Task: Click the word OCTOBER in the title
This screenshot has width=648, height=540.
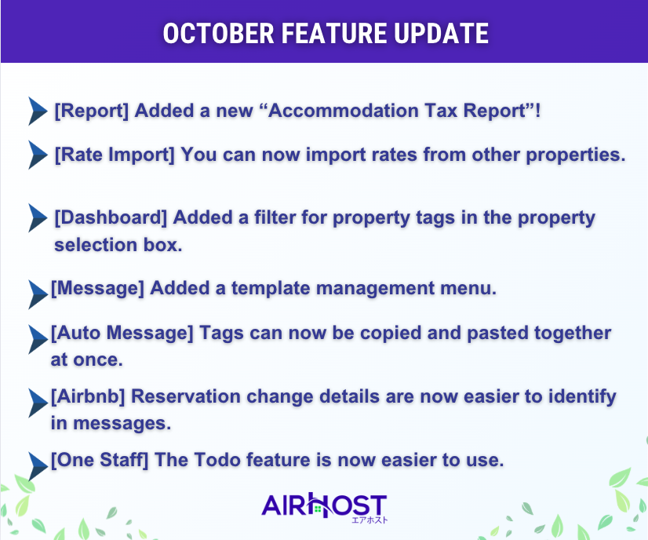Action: coord(219,34)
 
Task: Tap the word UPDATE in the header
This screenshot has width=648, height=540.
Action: coord(441,34)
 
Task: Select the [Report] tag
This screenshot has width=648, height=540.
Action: coord(92,111)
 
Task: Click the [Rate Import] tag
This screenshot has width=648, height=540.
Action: coord(115,155)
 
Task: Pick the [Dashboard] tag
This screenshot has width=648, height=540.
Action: coord(111,218)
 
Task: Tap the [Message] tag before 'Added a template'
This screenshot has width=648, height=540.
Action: coord(97,289)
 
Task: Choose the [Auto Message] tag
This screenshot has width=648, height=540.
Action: coord(122,334)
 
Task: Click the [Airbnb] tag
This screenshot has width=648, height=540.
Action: coord(88,397)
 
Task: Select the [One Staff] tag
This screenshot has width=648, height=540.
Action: coord(100,460)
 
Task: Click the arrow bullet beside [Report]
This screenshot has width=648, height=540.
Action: coord(38,111)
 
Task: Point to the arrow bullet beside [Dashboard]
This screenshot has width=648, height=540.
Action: coord(38,217)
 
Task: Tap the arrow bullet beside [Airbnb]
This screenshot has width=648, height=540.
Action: coord(38,403)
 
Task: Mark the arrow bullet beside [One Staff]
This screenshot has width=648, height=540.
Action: coord(38,466)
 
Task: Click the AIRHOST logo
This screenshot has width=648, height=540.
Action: coord(324,505)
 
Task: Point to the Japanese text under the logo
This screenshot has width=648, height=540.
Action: coord(370,520)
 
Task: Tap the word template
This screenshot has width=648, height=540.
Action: coord(271,289)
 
